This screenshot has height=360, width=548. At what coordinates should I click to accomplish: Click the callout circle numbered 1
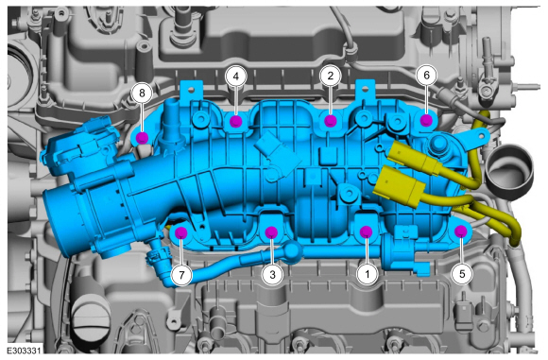coord(367,274)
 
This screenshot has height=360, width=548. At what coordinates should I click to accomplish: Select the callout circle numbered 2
coord(331,76)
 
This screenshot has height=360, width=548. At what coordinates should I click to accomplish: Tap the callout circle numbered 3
coord(272,274)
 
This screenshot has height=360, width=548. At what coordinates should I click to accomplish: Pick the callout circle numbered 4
coord(236,76)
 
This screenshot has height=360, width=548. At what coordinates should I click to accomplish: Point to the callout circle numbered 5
coord(462,274)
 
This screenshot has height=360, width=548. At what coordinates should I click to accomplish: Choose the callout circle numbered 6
coord(426,76)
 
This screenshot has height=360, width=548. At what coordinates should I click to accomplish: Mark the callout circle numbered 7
coord(181,275)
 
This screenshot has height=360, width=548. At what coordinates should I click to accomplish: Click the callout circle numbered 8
coord(142,93)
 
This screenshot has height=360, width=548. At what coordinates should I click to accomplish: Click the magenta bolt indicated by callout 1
coord(366,231)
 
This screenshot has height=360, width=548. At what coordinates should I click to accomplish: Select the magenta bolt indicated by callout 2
coord(331,121)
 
